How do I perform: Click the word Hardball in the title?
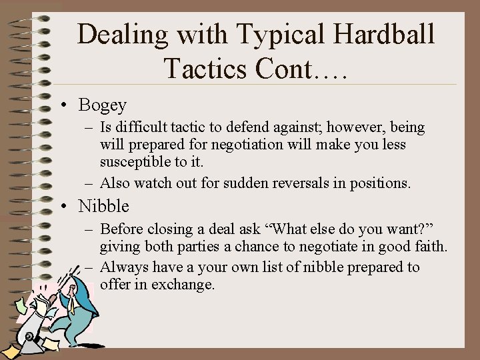click(x=379, y=34)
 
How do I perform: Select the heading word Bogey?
click(x=102, y=105)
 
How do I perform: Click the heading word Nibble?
click(x=103, y=206)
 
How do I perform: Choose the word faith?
click(x=431, y=247)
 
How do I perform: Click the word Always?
click(x=123, y=267)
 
